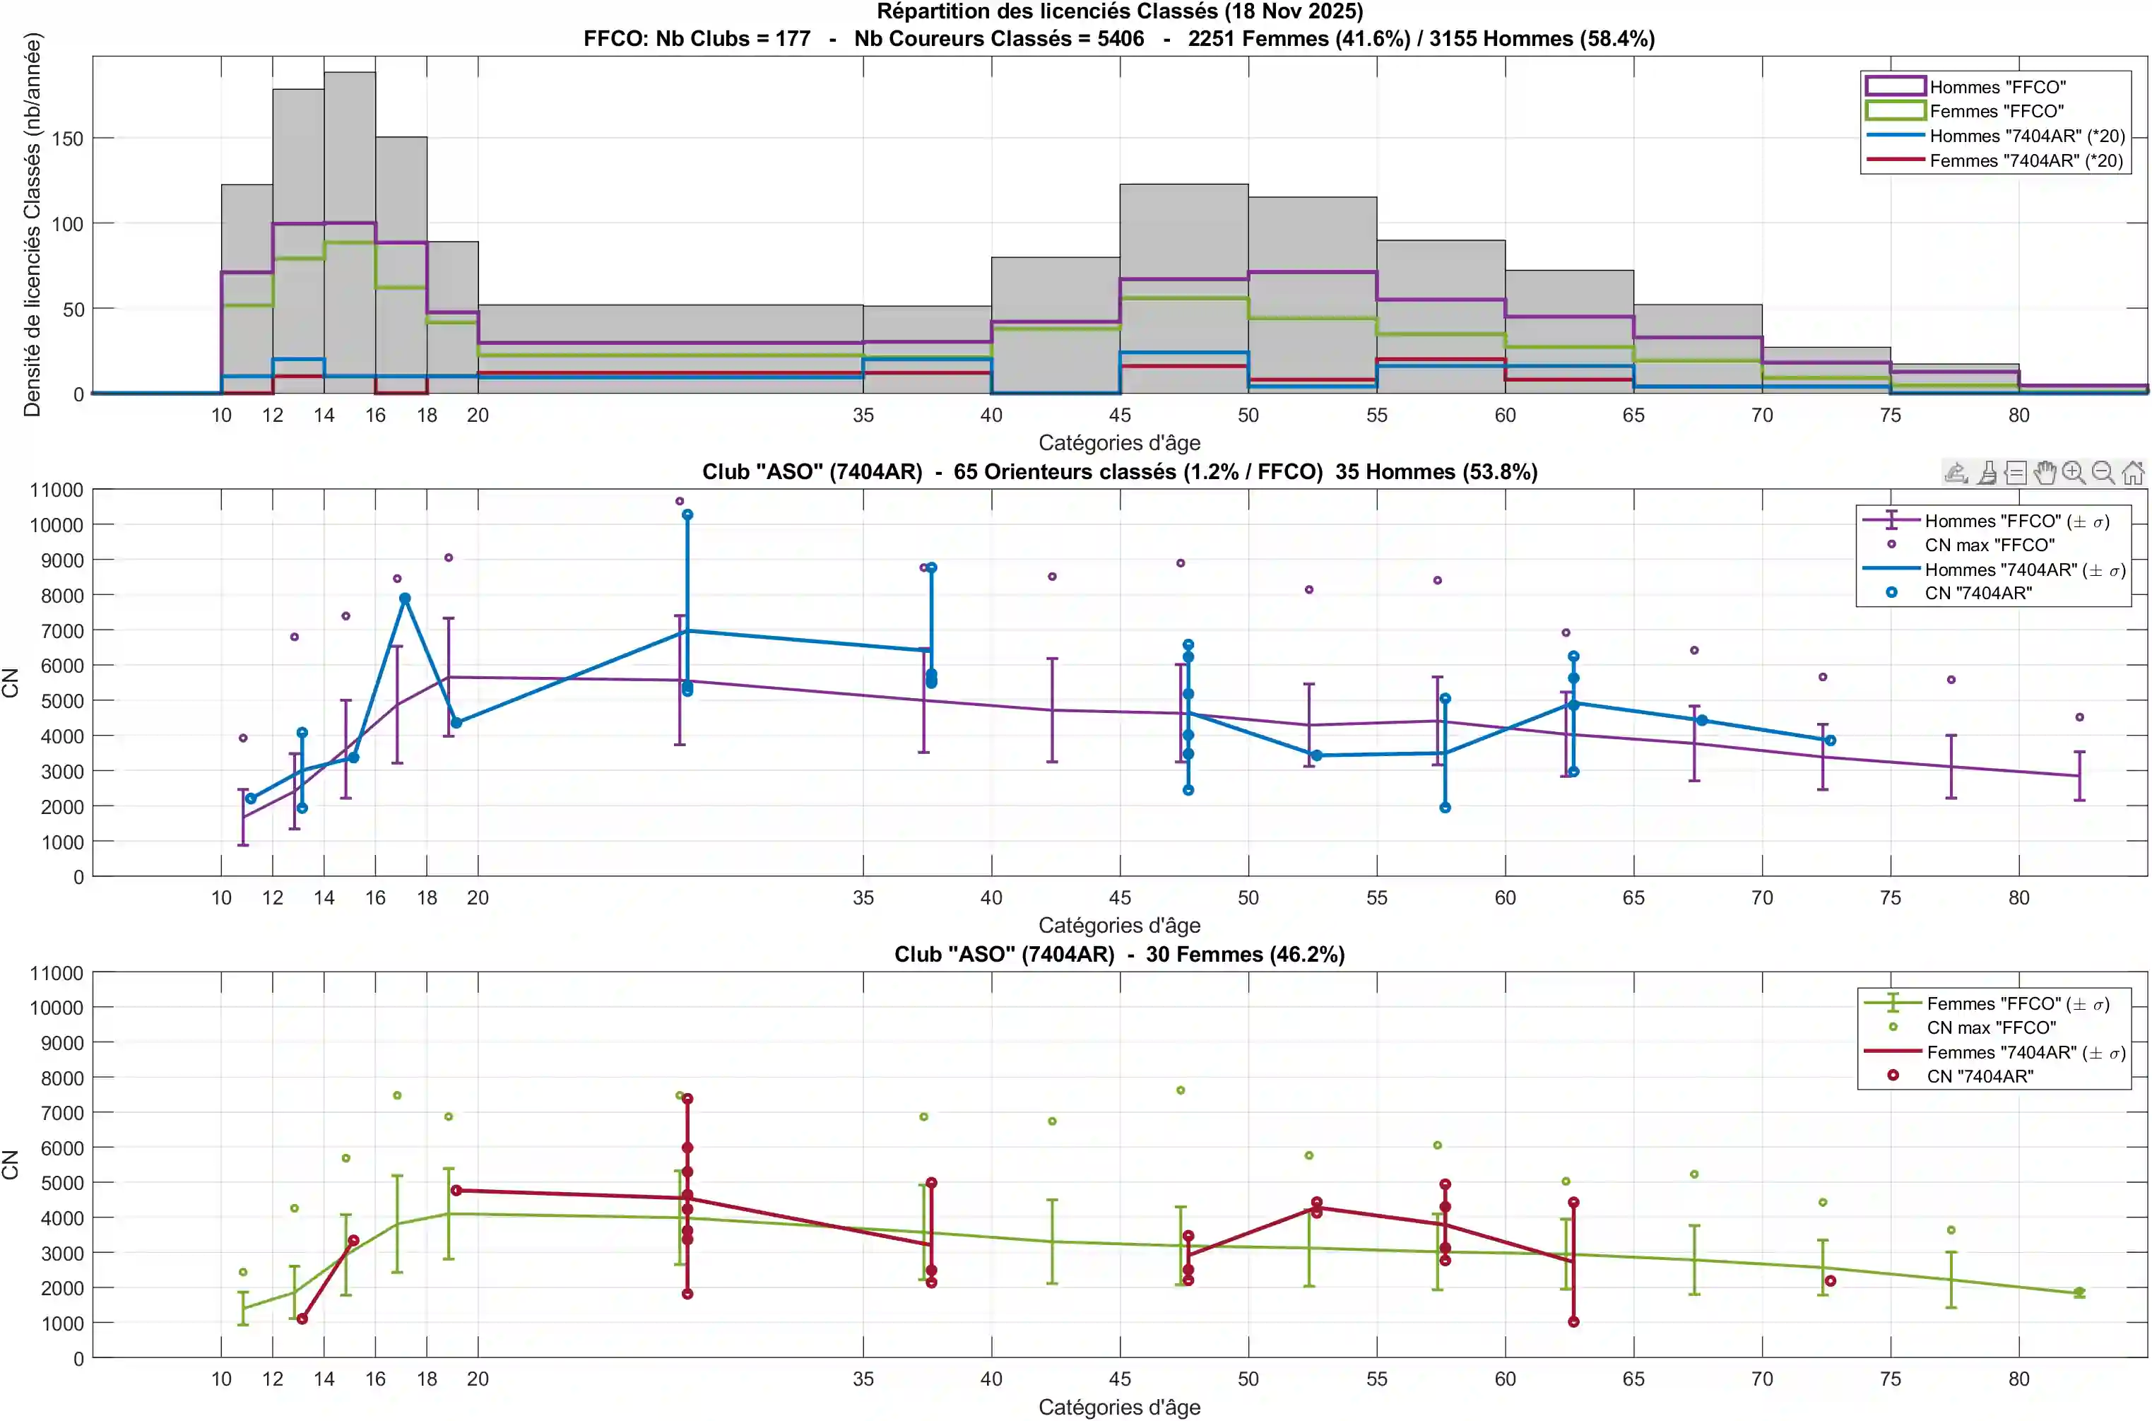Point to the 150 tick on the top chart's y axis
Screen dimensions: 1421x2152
click(67, 138)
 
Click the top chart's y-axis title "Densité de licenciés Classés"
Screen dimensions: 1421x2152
click(32, 225)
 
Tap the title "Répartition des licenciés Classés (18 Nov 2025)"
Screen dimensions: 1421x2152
click(1119, 12)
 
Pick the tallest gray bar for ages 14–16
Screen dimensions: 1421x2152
click(350, 233)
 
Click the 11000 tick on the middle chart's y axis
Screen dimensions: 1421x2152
click(57, 490)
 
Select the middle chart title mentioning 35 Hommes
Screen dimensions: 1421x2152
click(1119, 472)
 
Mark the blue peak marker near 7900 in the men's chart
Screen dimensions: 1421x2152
click(405, 599)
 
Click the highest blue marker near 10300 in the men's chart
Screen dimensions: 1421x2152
click(687, 514)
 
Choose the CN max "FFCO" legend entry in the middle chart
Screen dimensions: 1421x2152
click(1989, 546)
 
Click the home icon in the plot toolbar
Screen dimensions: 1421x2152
click(2133, 472)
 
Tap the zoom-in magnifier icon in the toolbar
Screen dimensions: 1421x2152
click(2073, 472)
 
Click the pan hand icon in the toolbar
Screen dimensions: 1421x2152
click(2044, 472)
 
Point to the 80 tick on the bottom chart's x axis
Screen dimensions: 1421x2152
click(2018, 1379)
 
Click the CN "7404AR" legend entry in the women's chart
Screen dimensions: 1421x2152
click(1979, 1077)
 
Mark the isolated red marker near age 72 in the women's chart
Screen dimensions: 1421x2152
click(1829, 1281)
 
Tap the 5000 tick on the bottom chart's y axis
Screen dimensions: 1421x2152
click(61, 1184)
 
